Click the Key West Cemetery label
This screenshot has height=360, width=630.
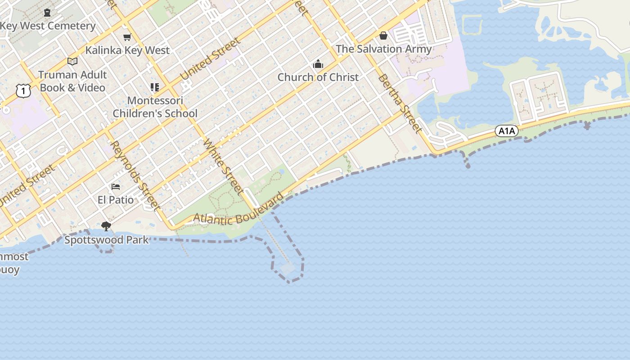48,26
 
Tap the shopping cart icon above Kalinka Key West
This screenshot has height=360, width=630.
127,37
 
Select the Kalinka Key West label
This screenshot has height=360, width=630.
127,50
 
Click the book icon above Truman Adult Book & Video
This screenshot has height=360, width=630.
72,61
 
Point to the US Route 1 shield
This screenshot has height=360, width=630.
23,91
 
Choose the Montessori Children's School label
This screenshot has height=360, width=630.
155,107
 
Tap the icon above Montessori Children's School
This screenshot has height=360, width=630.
155,87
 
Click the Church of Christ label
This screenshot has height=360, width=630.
318,77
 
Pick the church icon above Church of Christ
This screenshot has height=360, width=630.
318,64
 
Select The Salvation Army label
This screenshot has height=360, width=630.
383,49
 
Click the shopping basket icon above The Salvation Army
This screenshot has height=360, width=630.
383,35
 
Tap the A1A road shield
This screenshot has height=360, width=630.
507,131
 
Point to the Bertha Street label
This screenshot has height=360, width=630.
400,103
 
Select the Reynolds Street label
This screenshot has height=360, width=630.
135,175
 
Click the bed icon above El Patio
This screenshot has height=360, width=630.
116,186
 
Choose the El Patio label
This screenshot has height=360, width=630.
116,199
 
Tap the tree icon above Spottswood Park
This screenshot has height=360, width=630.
106,226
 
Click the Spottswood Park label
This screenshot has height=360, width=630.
106,240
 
